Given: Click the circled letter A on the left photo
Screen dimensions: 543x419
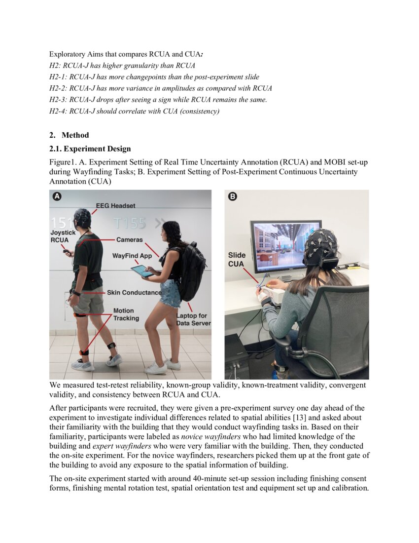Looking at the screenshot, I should click(57, 196).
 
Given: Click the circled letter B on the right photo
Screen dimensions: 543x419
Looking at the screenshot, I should click(233, 196).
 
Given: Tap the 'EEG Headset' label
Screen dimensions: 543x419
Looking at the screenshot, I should click(116, 205).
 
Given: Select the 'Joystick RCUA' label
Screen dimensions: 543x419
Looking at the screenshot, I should click(62, 236).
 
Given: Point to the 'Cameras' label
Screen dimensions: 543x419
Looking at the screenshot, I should click(129, 239).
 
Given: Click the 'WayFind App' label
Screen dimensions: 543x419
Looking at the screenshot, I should click(132, 256).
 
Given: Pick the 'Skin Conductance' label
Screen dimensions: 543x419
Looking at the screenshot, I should click(134, 292).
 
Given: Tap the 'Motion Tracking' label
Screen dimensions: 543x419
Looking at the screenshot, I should click(123, 314).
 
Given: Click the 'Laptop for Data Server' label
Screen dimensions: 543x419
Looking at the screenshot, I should click(193, 319).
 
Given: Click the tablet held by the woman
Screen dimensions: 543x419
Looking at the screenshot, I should click(141, 271).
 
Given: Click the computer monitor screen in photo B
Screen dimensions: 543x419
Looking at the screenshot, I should click(285, 246).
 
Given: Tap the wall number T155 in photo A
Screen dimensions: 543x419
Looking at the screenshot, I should click(129, 223).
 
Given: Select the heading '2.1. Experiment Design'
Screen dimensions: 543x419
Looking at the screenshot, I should click(90, 149).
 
